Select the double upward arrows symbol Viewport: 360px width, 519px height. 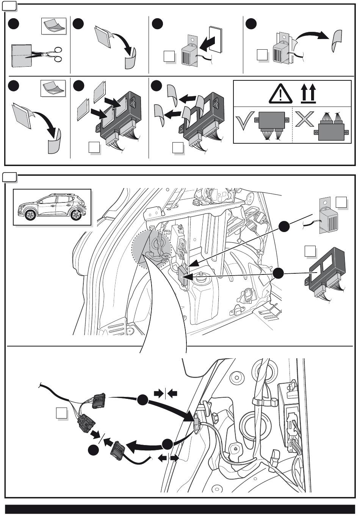click(x=308, y=94)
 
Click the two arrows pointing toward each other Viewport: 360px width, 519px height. click(x=166, y=394)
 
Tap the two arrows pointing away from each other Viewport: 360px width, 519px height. click(x=168, y=458)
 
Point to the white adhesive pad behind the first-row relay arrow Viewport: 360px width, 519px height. click(x=215, y=39)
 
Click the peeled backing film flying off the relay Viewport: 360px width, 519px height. click(x=336, y=41)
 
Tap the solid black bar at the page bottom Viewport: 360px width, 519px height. click(x=180, y=509)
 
